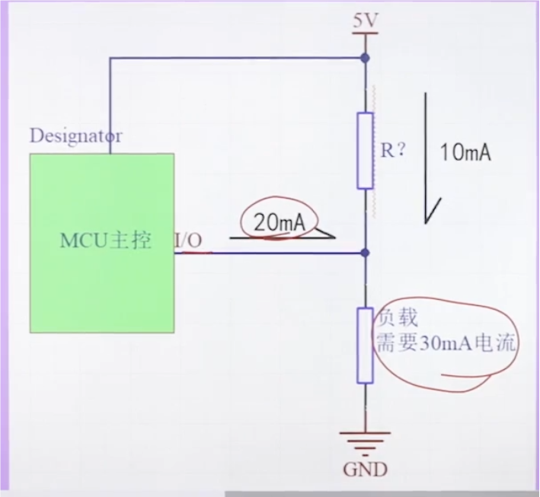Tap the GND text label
[x=365, y=469]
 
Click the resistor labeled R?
[x=366, y=150]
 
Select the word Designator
[x=75, y=137]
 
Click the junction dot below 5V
[x=366, y=58]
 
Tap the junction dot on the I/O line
[x=366, y=252]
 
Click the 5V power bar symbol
[x=366, y=35]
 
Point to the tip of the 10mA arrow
[x=427, y=222]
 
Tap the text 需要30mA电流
[x=446, y=345]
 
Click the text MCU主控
[x=105, y=241]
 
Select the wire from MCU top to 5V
[x=228, y=58]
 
